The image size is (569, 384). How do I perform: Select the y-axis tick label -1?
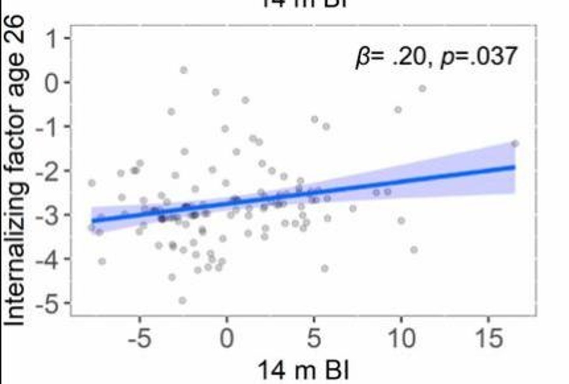(x=47, y=127)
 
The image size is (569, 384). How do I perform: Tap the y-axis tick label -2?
(x=47, y=171)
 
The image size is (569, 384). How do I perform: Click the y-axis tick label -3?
(x=47, y=216)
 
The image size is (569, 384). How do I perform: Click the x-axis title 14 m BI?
(x=303, y=370)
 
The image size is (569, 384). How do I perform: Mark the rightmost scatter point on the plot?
(x=515, y=144)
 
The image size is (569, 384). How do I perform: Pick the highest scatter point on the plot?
(x=184, y=70)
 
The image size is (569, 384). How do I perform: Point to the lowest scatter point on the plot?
(x=182, y=301)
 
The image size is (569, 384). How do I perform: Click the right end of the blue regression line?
(x=514, y=167)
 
